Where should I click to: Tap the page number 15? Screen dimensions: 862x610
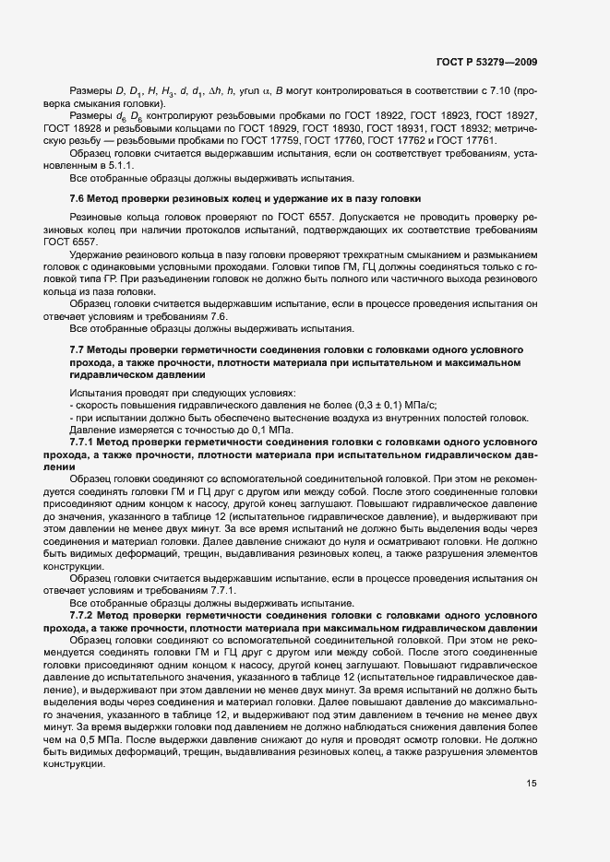[x=531, y=784]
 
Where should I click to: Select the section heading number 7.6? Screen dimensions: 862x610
[x=78, y=198]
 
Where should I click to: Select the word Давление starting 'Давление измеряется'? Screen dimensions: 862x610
[x=91, y=430]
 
